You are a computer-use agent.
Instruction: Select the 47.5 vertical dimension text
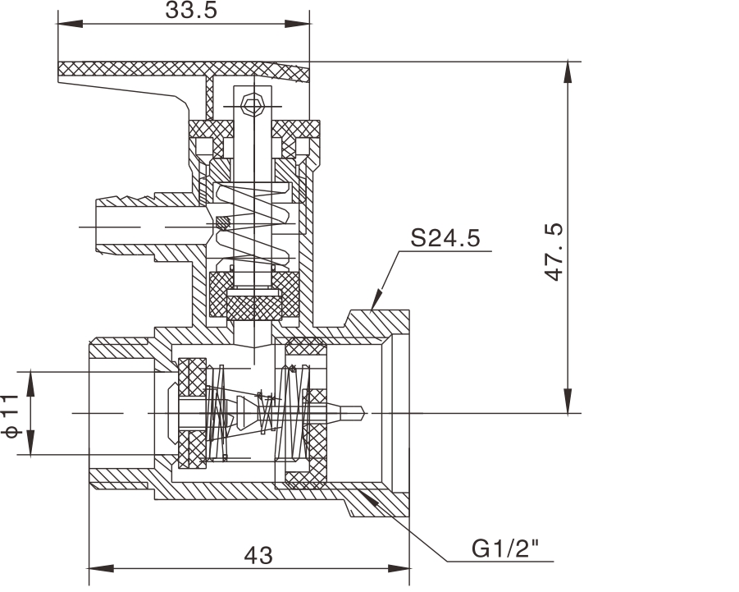coord(556,251)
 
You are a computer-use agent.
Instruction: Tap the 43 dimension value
coord(258,556)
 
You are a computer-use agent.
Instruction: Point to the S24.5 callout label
coord(445,239)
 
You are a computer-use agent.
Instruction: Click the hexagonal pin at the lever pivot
coord(252,104)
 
